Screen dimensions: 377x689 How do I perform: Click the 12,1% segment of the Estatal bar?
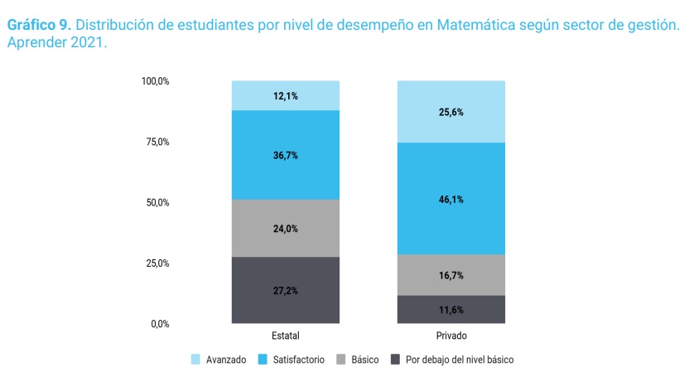pyautogui.click(x=285, y=96)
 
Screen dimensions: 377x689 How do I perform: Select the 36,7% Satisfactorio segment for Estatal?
pyautogui.click(x=285, y=155)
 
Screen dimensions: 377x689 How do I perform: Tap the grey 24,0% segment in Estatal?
pyautogui.click(x=285, y=229)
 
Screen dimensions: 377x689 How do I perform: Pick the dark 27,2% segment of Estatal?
pyautogui.click(x=285, y=290)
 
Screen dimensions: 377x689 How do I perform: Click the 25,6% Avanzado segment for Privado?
pyautogui.click(x=450, y=112)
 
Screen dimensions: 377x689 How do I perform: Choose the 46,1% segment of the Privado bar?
pyautogui.click(x=450, y=199)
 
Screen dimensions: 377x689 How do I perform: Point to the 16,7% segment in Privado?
pyautogui.click(x=450, y=275)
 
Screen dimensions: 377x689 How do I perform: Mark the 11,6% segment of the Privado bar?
pyautogui.click(x=450, y=310)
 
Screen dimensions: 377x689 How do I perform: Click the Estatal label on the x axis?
pyautogui.click(x=285, y=336)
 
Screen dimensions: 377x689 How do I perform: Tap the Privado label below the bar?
pyautogui.click(x=450, y=336)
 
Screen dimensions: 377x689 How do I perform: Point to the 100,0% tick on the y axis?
pyautogui.click(x=155, y=81)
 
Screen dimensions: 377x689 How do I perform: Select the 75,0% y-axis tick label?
pyautogui.click(x=157, y=142)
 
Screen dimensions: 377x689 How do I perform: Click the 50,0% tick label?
pyautogui.click(x=157, y=202)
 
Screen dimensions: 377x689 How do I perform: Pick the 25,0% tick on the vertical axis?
pyautogui.click(x=157, y=263)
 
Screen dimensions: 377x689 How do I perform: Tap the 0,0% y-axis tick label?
pyautogui.click(x=160, y=324)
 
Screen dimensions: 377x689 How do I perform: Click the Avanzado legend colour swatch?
pyautogui.click(x=196, y=360)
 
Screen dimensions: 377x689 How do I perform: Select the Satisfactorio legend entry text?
pyautogui.click(x=297, y=360)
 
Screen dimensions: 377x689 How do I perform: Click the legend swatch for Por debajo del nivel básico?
pyautogui.click(x=395, y=360)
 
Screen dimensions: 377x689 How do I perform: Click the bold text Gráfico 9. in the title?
pyautogui.click(x=38, y=26)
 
